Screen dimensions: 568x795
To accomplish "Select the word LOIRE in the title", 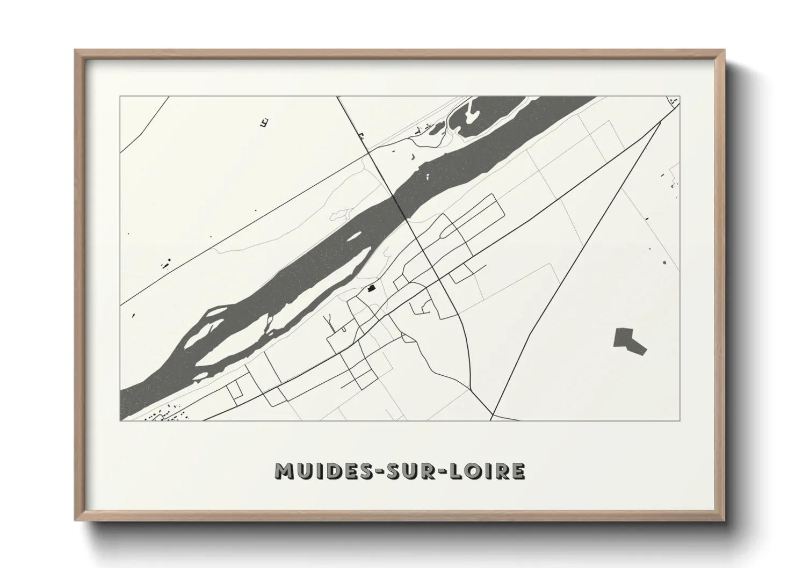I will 487,471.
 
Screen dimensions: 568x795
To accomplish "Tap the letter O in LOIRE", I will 474,471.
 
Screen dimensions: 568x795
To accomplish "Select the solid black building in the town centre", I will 371,288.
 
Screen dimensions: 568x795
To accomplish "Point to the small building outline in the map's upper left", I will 264,123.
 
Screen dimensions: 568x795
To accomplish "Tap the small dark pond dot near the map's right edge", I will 664,263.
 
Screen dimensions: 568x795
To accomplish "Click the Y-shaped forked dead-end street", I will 329,323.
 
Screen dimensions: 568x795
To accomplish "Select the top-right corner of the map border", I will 680,97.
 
